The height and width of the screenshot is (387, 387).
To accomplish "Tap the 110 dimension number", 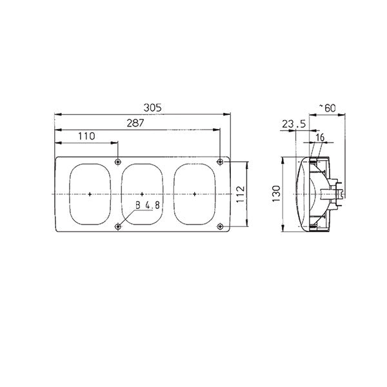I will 86,135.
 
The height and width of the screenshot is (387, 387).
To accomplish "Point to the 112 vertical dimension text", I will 239,193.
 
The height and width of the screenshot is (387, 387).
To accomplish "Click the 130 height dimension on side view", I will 275,193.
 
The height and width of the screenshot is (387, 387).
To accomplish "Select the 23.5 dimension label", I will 294,125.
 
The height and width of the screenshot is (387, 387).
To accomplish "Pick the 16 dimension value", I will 321,137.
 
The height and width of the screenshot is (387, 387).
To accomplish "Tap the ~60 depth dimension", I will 328,108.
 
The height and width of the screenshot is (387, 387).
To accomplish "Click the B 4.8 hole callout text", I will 148,206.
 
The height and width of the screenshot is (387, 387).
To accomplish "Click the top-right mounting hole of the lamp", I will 221,161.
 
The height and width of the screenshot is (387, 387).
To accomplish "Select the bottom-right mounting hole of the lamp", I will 221,226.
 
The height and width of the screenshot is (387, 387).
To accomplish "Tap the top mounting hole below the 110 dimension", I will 117,161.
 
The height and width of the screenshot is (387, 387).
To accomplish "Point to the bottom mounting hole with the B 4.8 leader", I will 117,226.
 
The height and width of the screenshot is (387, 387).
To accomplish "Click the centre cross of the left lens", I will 90,193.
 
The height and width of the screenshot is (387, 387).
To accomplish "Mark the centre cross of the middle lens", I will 143,193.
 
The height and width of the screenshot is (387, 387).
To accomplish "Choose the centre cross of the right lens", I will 195,193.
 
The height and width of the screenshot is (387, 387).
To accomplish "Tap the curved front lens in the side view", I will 298,193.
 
